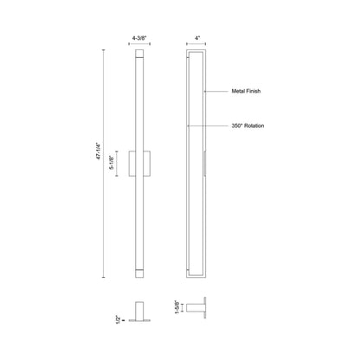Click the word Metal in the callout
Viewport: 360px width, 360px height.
pos(239,90)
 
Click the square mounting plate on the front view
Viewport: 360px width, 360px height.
pos(141,162)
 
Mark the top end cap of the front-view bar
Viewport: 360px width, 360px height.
pos(141,55)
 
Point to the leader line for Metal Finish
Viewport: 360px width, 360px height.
pos(215,90)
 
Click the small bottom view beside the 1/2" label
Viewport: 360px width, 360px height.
pos(141,312)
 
